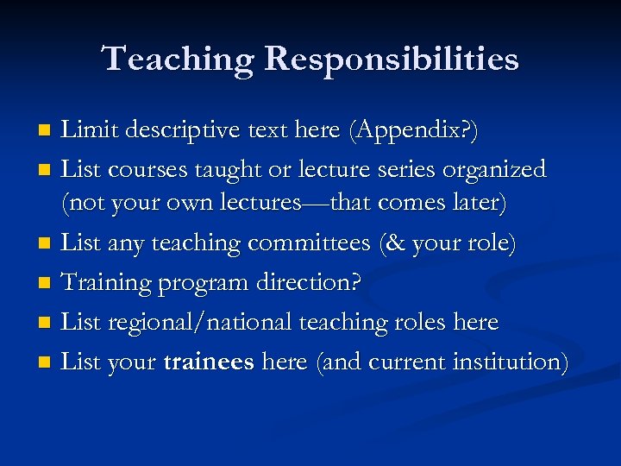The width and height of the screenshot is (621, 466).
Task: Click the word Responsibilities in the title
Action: point(392,60)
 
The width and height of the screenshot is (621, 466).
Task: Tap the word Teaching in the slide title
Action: point(178,60)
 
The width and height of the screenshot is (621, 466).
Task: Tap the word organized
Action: point(494,170)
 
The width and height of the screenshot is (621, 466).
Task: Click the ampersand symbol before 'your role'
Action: point(394,244)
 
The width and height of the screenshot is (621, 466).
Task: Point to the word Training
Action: point(105,283)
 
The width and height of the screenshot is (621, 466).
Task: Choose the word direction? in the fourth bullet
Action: point(321,283)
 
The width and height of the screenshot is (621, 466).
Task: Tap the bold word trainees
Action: point(208,362)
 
